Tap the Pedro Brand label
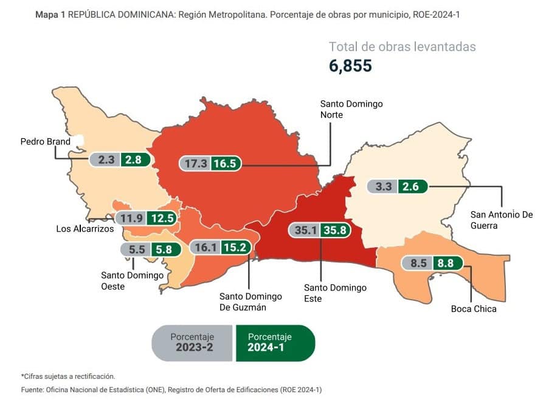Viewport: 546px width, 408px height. tap(45, 142)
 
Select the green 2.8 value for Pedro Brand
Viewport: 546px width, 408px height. tap(133, 160)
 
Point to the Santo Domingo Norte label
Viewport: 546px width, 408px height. tap(351, 110)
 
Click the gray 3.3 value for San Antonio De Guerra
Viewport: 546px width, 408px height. tap(383, 186)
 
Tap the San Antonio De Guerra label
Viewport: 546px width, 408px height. tap(502, 220)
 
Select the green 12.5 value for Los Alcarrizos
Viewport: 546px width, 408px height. tap(162, 217)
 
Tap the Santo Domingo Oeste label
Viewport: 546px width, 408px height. tap(132, 281)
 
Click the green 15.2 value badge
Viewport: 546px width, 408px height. tap(233, 247)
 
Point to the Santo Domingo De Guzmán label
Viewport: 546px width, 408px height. tap(251, 301)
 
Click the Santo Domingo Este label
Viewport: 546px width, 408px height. tap(335, 293)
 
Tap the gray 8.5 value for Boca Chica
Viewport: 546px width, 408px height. tap(417, 263)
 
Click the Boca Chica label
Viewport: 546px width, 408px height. tap(474, 309)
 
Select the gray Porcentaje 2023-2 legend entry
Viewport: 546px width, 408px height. tap(192, 343)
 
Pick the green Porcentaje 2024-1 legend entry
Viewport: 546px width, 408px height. tap(274, 343)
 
